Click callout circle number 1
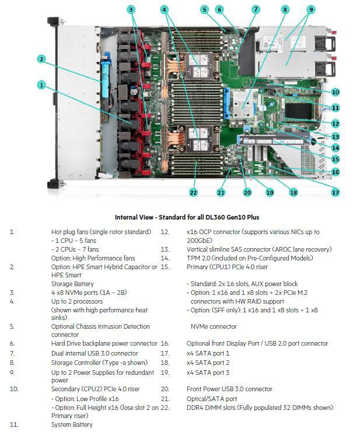pos(41,85)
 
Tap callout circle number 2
pos(41,58)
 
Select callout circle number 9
pos(311,9)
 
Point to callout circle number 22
pos(193,191)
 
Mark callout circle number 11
pos(335,107)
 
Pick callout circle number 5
pos(204,9)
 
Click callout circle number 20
pos(247,192)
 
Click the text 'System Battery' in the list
pos(72,424)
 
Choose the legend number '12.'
pos(165,232)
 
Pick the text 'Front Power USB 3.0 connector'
pos(230,388)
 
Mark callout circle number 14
pos(335,148)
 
